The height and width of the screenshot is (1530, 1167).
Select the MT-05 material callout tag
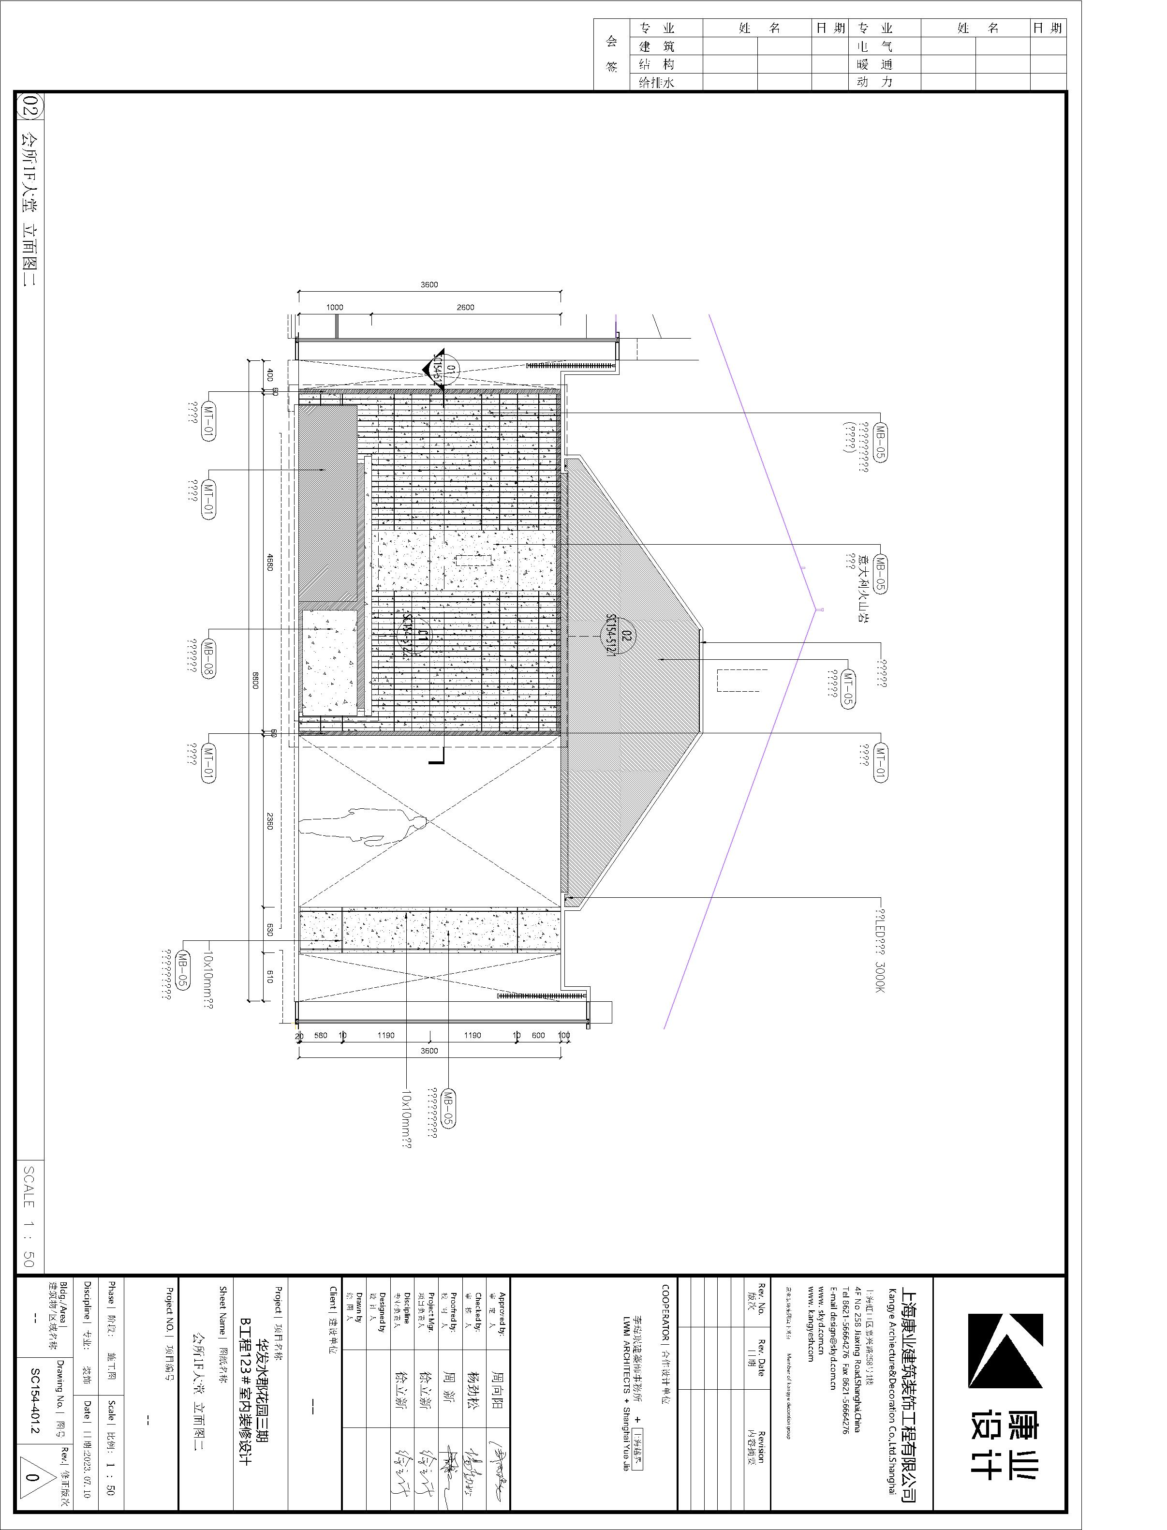847,688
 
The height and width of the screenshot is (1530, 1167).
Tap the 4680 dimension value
269,562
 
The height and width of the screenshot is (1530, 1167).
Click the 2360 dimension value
269,820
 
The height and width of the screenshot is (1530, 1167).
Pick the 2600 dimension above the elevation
465,307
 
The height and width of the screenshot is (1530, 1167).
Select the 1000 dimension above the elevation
335,307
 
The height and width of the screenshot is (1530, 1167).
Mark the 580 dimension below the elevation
320,1035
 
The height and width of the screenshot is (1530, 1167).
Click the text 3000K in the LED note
880,976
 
